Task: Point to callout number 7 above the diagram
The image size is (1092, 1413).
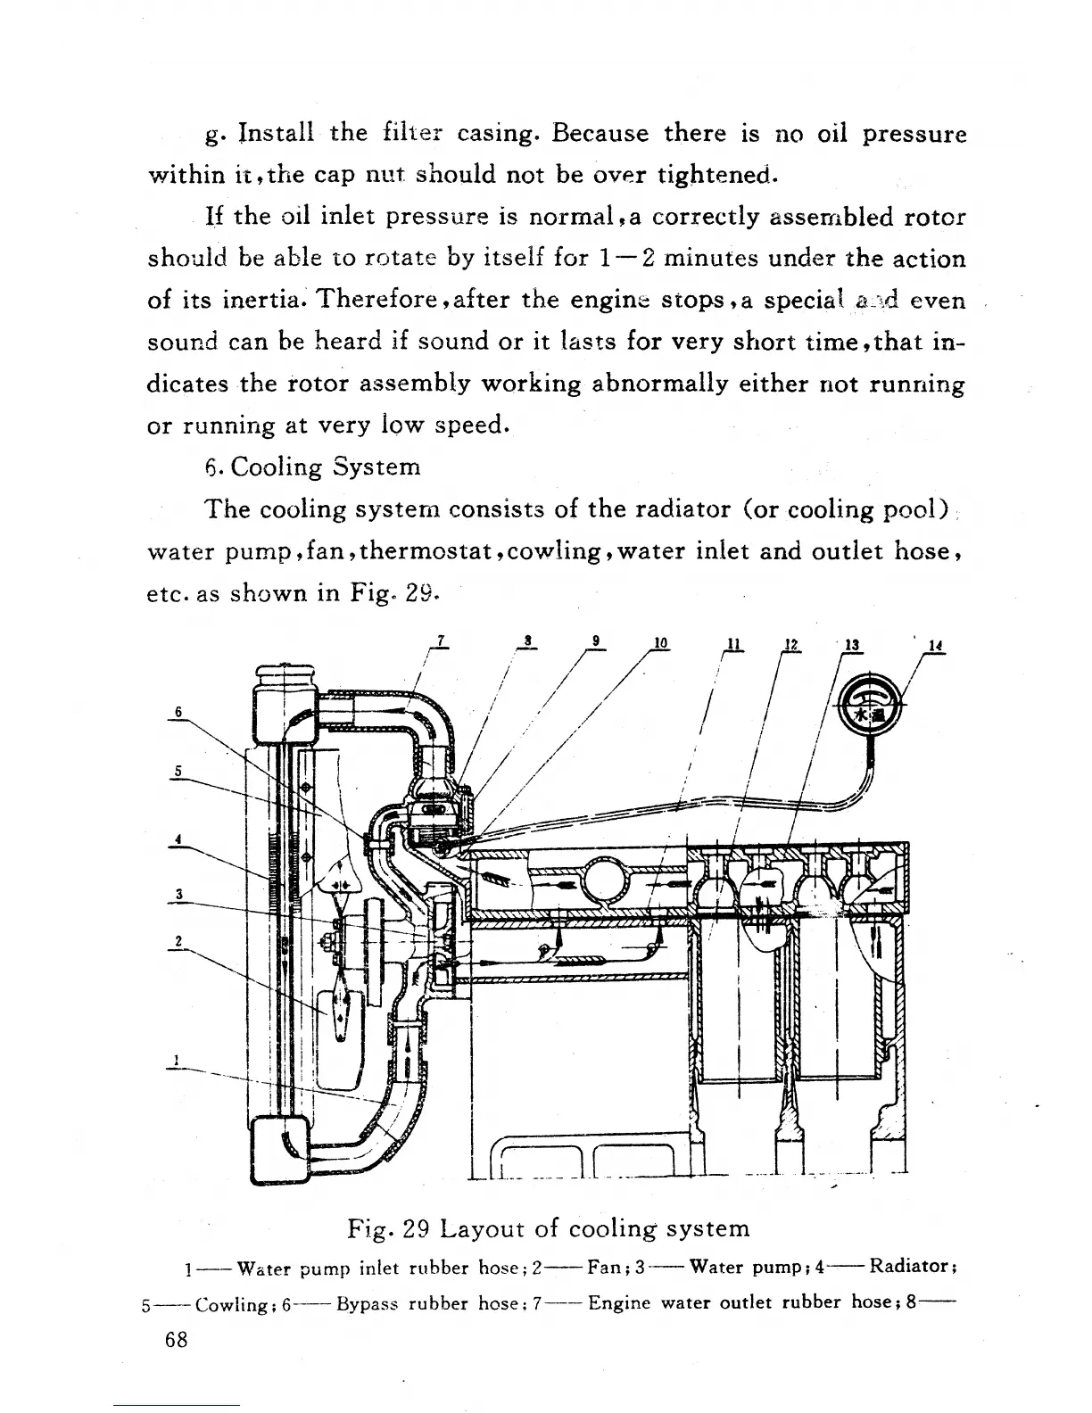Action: (x=441, y=639)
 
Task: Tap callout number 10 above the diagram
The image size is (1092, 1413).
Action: (x=660, y=643)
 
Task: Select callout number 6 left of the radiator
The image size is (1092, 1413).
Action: (x=178, y=711)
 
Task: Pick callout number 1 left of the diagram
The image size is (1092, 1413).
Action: (x=178, y=1061)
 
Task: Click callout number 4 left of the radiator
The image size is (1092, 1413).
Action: (x=178, y=839)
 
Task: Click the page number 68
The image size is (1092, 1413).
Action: (x=177, y=1340)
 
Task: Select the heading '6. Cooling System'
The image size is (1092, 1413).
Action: (x=312, y=467)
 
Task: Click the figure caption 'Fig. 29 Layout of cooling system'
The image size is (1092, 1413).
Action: (x=548, y=1228)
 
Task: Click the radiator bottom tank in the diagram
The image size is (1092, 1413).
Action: (x=280, y=1149)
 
